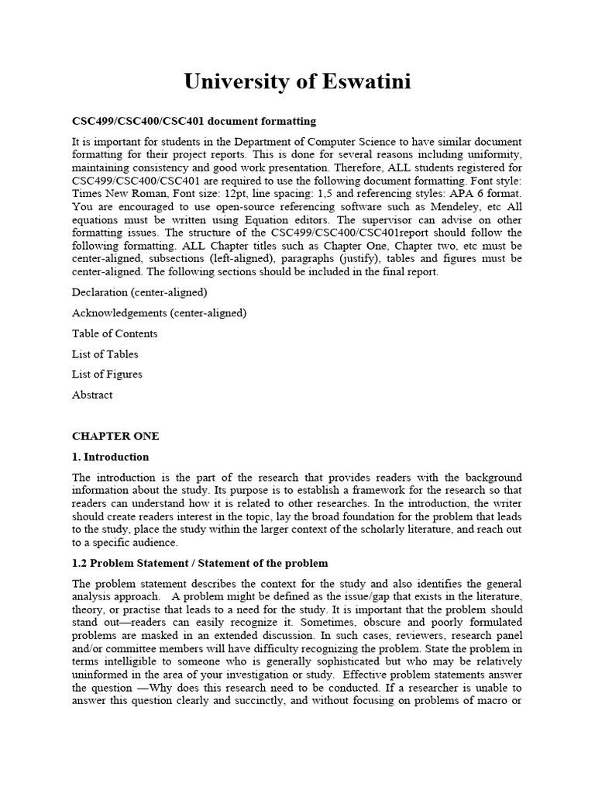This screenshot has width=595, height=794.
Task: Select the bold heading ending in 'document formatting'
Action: click(x=194, y=122)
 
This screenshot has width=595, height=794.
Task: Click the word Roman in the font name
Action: click(x=154, y=193)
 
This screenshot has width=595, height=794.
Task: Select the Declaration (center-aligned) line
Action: click(x=139, y=292)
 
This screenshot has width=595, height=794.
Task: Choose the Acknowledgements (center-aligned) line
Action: click(x=159, y=313)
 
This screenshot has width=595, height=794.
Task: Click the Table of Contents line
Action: click(x=115, y=333)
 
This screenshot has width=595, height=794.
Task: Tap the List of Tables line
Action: click(x=105, y=354)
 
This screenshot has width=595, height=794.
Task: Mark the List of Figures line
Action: click(x=107, y=375)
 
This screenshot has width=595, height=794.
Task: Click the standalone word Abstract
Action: click(x=92, y=395)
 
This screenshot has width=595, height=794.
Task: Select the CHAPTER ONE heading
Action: click(x=115, y=437)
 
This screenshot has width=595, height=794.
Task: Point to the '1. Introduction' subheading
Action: click(x=110, y=457)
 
